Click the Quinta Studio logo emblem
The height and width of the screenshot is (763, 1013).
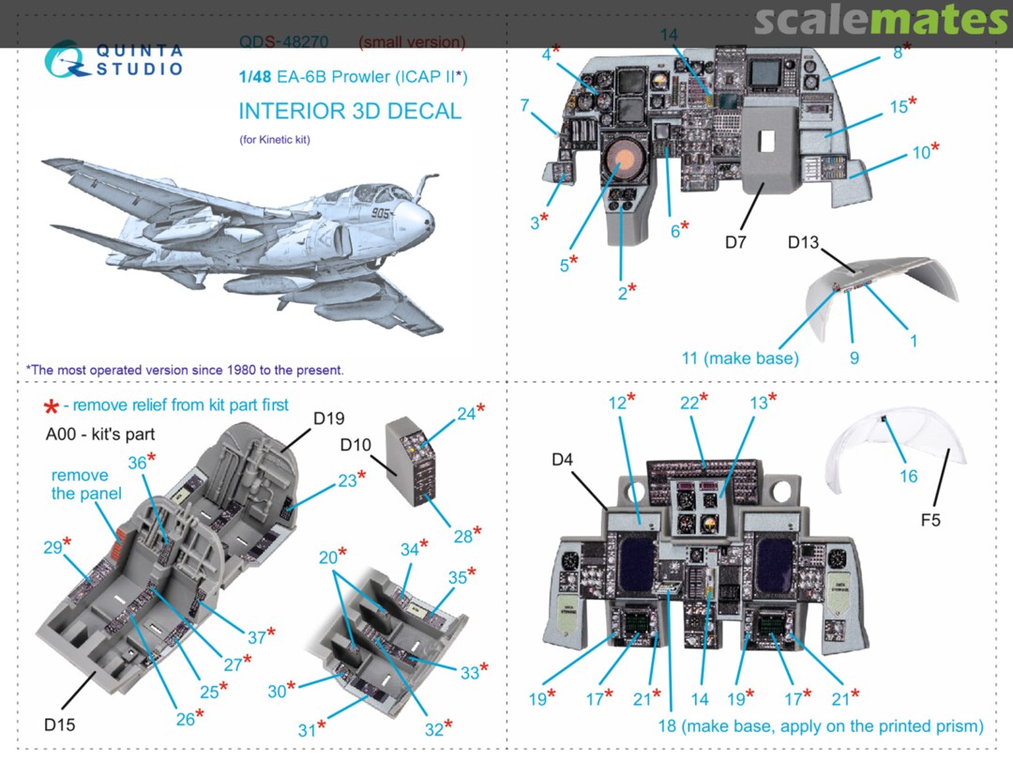(x=66, y=58)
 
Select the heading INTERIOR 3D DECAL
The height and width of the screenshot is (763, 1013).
(x=350, y=111)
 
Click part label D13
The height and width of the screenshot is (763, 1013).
(x=803, y=243)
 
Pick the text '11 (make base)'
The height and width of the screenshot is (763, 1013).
(x=740, y=358)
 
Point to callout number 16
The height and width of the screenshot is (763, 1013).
(x=908, y=476)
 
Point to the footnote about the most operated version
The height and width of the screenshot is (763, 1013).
(x=185, y=370)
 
